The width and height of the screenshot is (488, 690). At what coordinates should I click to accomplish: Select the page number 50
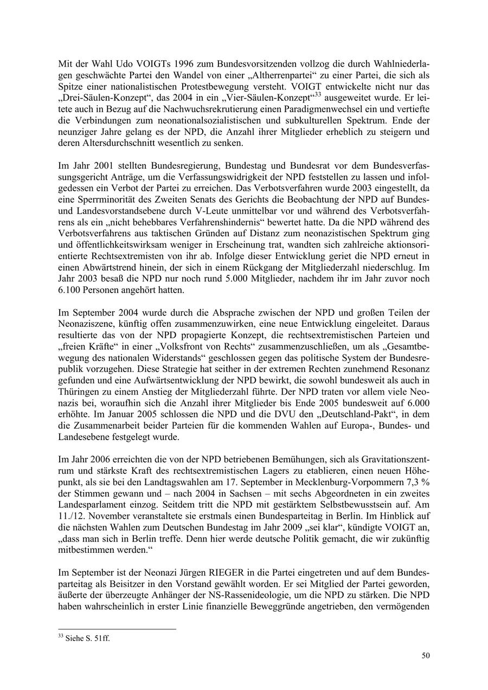click(426, 656)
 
